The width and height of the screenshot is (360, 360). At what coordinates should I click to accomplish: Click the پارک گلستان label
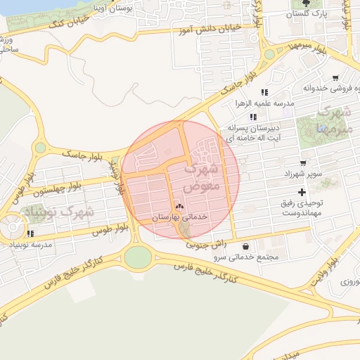click(309, 13)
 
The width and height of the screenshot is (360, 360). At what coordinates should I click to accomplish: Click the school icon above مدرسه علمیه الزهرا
click(264, 92)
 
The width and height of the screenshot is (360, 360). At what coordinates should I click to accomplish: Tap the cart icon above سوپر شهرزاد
click(303, 162)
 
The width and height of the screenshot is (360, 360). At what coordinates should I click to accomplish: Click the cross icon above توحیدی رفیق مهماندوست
click(302, 192)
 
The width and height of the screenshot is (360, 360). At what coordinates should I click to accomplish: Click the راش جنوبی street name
click(205, 244)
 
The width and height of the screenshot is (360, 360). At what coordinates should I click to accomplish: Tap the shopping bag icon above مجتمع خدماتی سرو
click(245, 246)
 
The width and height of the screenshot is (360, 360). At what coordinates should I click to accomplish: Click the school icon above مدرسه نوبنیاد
click(30, 233)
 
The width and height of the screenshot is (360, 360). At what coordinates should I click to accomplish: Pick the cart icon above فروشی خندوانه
click(336, 78)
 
